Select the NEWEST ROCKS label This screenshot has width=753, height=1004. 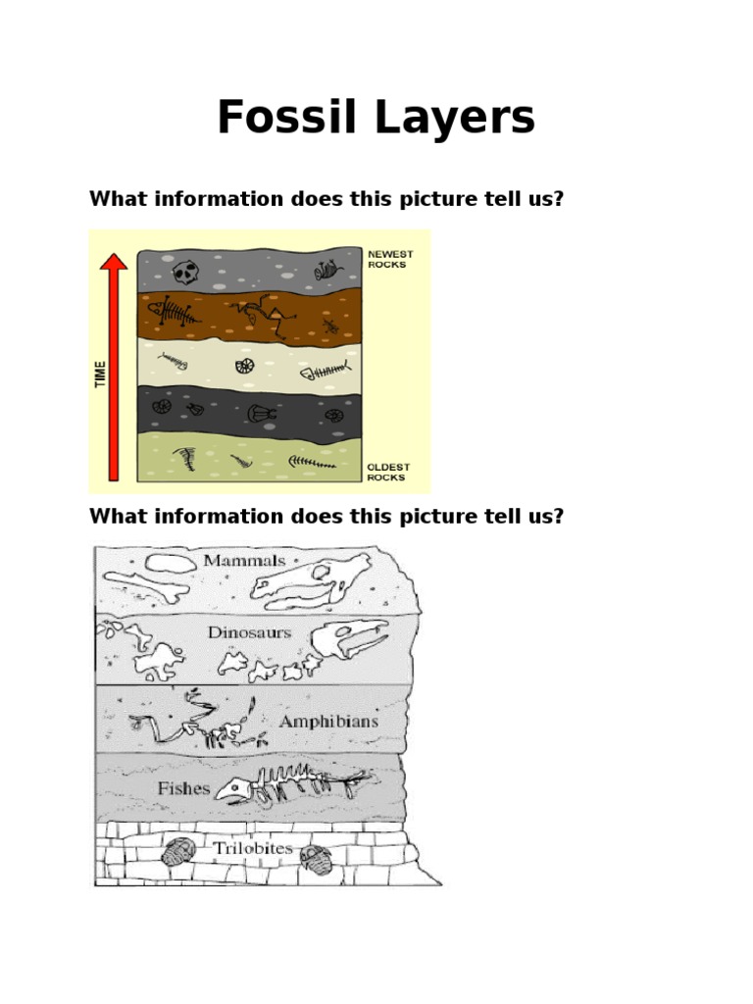(x=391, y=258)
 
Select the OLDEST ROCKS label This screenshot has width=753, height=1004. (x=389, y=472)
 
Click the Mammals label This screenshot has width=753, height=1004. (x=244, y=561)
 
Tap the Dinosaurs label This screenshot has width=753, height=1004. (x=249, y=632)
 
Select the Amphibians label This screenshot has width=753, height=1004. (x=328, y=721)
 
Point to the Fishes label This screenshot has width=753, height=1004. (x=183, y=786)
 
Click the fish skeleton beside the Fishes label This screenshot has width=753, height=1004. (x=290, y=785)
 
